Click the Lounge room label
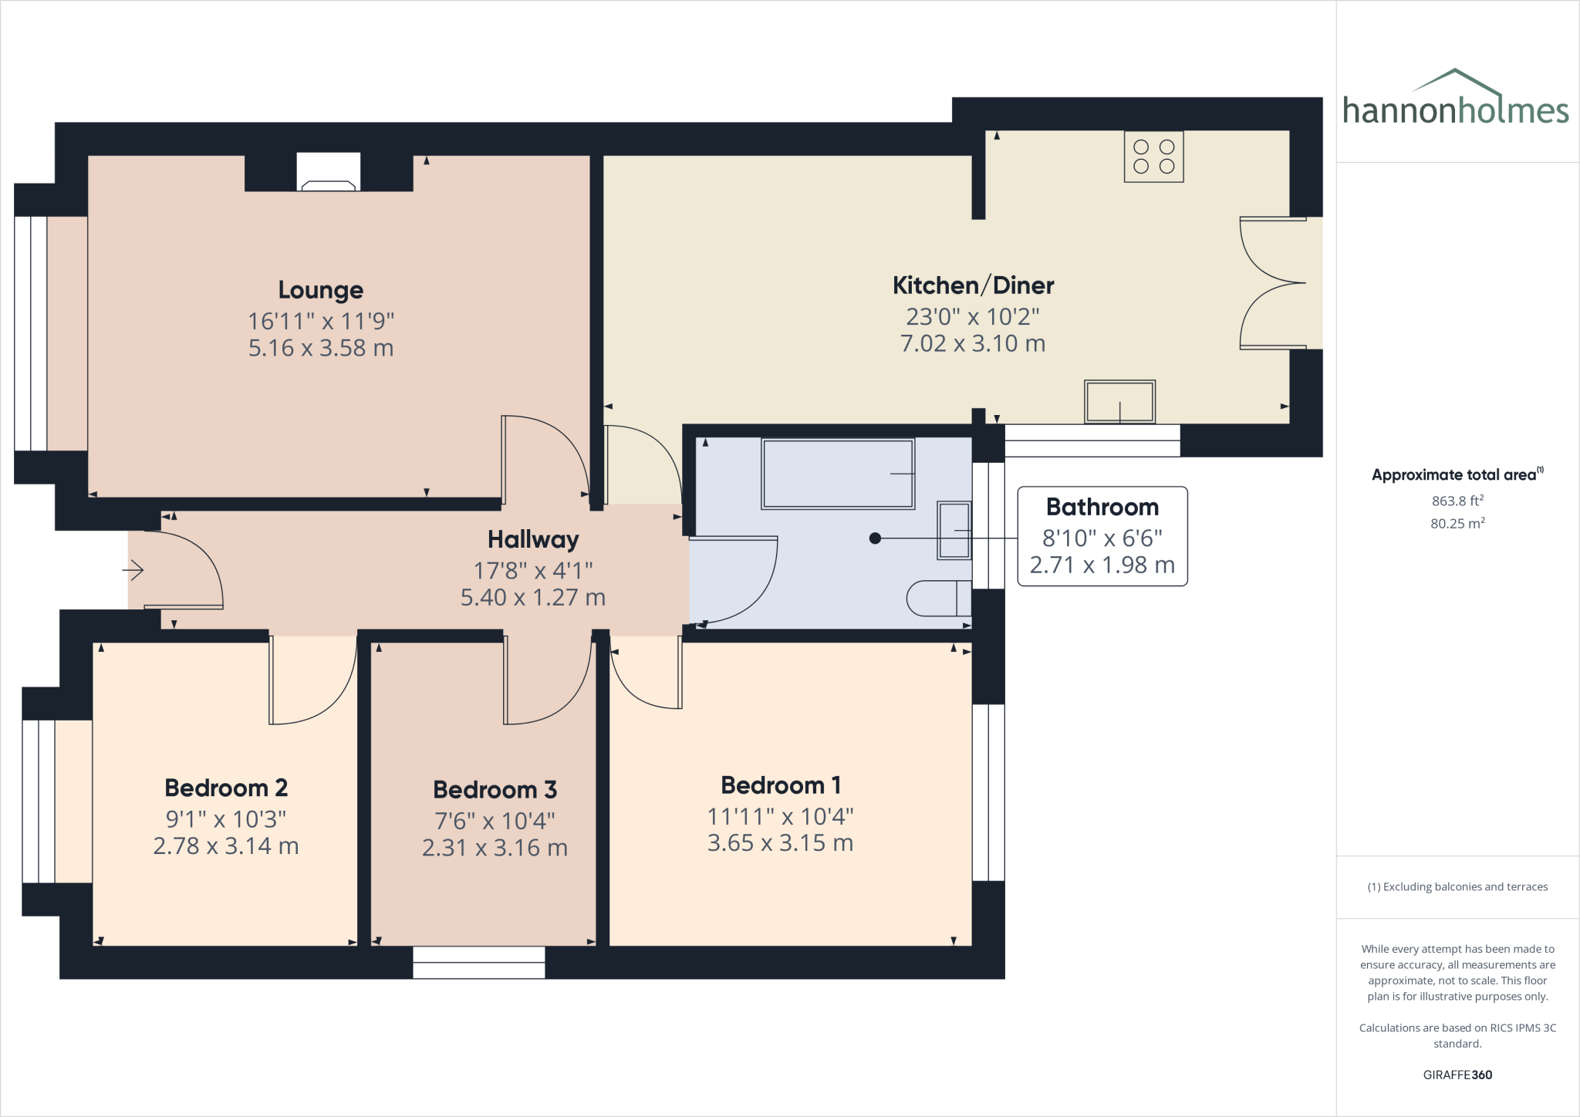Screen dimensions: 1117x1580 320,290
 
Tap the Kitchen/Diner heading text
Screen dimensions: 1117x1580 973,285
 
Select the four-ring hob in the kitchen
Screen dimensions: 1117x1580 1153,157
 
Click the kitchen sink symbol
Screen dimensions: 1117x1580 1119,401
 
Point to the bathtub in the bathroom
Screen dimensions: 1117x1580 838,474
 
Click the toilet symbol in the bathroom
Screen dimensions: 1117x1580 938,598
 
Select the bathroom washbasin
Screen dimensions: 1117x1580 954,530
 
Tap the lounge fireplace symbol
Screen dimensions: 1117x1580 329,174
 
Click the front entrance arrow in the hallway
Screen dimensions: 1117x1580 133,571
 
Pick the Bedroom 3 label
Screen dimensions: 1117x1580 495,790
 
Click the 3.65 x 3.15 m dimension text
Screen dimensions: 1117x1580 780,843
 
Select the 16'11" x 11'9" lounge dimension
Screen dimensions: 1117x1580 321,321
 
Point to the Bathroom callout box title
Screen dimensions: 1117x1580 1102,507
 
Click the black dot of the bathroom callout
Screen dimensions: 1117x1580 875,538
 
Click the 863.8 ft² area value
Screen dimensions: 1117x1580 1457,501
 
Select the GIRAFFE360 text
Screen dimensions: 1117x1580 1457,1075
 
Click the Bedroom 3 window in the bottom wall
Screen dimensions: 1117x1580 479,963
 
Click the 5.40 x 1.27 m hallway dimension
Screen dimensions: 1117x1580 532,598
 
